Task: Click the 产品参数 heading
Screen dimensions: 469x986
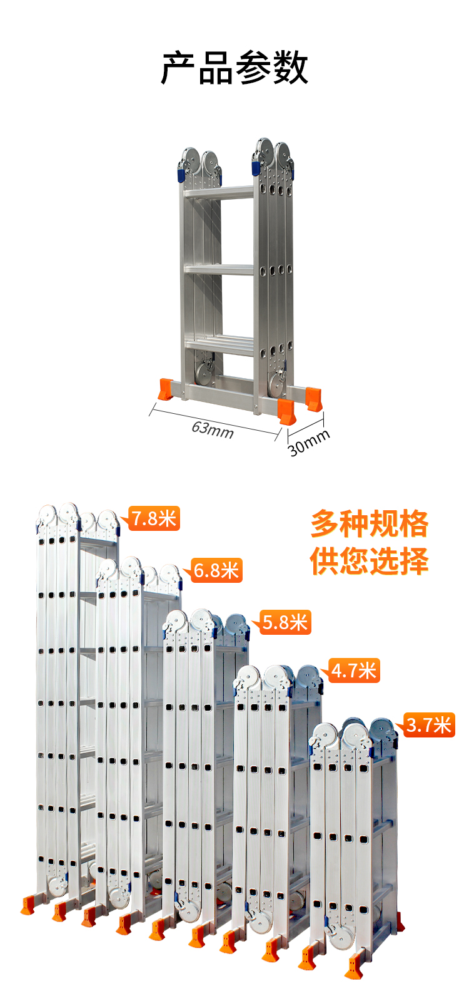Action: [x=234, y=68]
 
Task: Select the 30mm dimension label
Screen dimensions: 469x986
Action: [x=308, y=443]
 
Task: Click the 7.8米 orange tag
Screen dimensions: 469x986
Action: [x=153, y=518]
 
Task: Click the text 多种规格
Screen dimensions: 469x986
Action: [x=369, y=524]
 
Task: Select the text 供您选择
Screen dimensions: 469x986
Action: [x=369, y=561]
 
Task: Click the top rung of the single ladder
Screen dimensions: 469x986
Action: [x=219, y=193]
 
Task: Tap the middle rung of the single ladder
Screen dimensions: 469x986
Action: [x=219, y=269]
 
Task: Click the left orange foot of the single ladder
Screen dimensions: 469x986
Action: [x=166, y=389]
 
